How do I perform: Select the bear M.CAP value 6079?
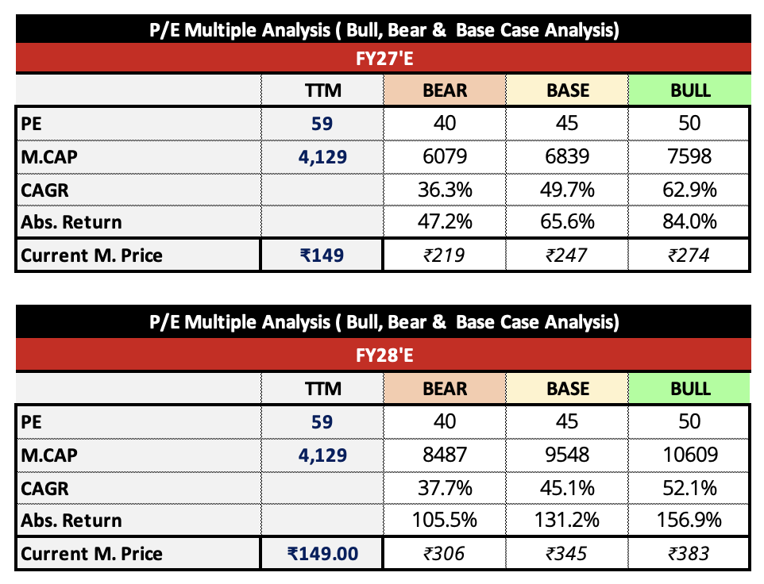[446, 156]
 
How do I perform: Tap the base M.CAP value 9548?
[568, 455]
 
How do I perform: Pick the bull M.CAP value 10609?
[690, 455]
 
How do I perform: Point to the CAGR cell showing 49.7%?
[568, 189]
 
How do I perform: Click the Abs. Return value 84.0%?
[690, 221]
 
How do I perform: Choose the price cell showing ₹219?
[446, 255]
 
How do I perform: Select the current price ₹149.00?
[322, 553]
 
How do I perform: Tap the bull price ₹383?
[690, 553]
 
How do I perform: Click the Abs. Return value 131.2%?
[568, 521]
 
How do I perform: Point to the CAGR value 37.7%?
[446, 487]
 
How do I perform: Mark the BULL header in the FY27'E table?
[690, 90]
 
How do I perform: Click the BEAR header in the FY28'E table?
[446, 389]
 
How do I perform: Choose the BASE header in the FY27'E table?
[568, 90]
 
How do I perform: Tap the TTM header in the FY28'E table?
[322, 389]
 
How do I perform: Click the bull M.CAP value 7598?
[690, 156]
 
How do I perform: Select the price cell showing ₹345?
[568, 553]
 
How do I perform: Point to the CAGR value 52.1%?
[690, 487]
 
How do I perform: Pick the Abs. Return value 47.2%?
[446, 221]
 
